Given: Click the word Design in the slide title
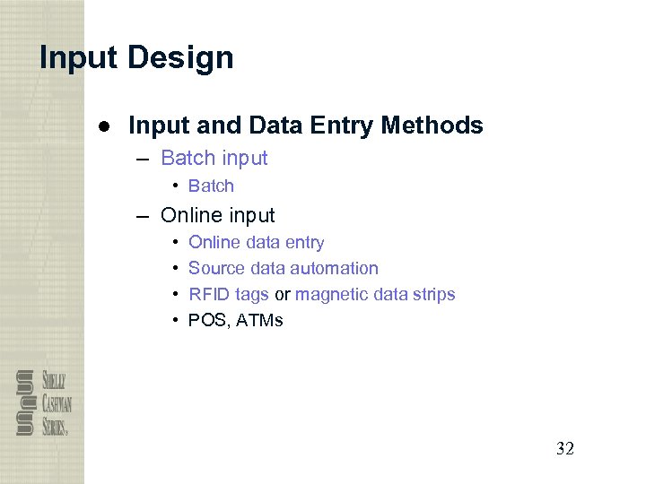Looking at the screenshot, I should [x=180, y=58].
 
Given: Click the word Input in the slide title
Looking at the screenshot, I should [x=79, y=58].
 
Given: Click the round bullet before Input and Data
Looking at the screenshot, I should [x=105, y=126].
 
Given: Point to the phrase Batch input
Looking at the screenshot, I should [x=214, y=159].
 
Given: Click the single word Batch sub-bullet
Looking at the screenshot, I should [x=211, y=186].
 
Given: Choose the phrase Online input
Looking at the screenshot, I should [x=217, y=216].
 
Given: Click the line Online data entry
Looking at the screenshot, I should [x=256, y=243].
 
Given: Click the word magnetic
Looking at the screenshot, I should [x=330, y=295].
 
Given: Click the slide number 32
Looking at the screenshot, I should [x=564, y=449].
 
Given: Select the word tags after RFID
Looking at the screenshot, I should [x=252, y=295].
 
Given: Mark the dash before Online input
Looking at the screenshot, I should [x=144, y=216].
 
